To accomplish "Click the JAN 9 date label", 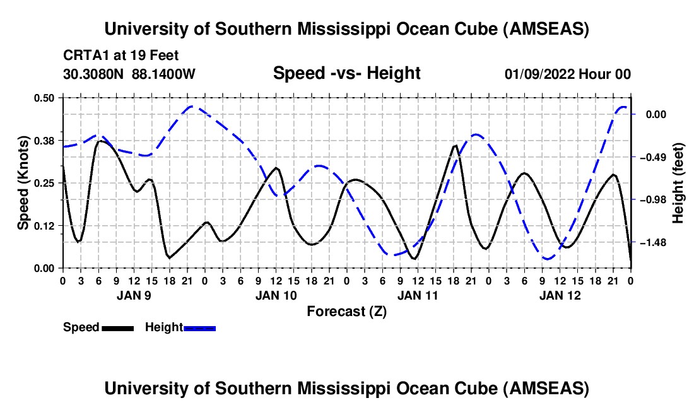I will click(x=134, y=295).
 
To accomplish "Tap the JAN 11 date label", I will click(x=418, y=295).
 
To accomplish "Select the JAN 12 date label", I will click(x=560, y=295).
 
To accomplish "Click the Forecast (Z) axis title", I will click(x=346, y=311).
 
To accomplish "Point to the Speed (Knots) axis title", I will click(x=23, y=183).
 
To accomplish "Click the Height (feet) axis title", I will click(x=678, y=183).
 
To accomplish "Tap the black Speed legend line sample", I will click(x=117, y=328).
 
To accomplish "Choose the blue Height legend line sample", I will click(x=199, y=328).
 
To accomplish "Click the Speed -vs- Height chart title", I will click(x=346, y=73).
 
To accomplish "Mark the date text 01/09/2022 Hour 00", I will click(x=568, y=74).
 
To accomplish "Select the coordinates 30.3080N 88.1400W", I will click(x=129, y=74).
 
